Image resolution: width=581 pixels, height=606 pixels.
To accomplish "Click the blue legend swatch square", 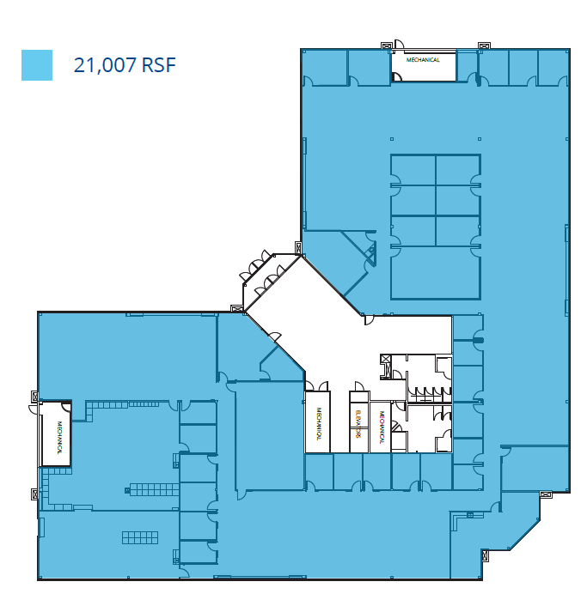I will (37, 65).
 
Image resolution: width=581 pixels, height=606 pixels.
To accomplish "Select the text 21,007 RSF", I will (125, 65).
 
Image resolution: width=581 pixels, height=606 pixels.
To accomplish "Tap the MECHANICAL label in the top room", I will (423, 60).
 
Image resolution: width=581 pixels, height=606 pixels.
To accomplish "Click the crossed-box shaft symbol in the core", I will (386, 360).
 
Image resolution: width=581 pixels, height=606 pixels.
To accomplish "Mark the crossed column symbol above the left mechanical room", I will (35, 396).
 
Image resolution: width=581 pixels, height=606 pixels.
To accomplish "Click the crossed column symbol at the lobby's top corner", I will (298, 248).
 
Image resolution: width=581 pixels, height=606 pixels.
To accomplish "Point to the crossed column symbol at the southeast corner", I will (545, 494).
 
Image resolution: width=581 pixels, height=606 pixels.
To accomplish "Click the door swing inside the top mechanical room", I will (397, 76).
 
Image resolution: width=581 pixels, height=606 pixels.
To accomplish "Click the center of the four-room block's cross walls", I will (435, 215).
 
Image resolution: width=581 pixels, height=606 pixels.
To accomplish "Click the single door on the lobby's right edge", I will (370, 320).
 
